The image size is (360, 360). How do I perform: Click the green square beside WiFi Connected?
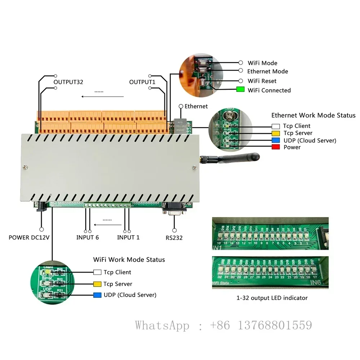point(240,90)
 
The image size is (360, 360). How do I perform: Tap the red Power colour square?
point(276,147)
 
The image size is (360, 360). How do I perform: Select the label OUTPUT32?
point(68,82)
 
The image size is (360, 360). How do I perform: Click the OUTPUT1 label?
point(142,82)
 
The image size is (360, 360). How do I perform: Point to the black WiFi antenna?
point(234,158)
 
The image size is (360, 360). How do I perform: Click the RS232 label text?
point(174,237)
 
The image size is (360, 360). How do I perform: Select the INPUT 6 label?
point(87,237)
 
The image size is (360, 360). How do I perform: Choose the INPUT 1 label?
point(128,237)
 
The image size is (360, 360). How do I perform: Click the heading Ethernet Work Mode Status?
point(313,116)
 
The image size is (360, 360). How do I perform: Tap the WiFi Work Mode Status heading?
point(129,260)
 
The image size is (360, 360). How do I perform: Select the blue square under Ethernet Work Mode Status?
point(276,140)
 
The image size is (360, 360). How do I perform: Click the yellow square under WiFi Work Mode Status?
point(97,284)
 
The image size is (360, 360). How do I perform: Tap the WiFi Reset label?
point(262,81)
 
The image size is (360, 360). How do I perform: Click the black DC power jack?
point(41,207)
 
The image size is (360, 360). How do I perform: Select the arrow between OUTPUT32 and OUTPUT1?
point(102,96)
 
